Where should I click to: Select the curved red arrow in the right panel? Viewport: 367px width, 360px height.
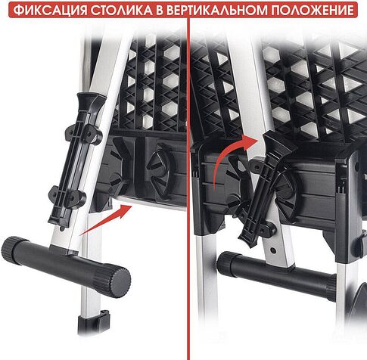227,158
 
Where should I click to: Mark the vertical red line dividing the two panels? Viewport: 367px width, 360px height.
188,182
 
